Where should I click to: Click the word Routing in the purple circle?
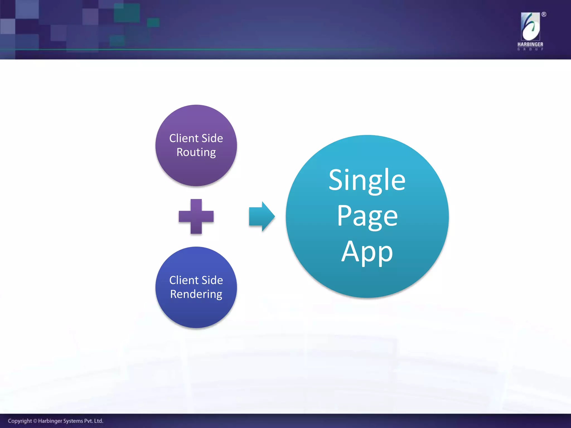(196, 152)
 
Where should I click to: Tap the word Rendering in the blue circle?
(196, 294)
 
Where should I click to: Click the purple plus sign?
(196, 217)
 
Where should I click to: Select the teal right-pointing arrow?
(262, 217)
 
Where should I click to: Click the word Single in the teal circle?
(367, 180)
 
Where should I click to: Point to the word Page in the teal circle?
(367, 216)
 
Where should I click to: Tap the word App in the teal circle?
(367, 252)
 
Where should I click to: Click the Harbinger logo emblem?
(530, 27)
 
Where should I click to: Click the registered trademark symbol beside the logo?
(544, 14)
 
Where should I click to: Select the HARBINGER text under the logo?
(530, 44)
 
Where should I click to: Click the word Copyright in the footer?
(20, 421)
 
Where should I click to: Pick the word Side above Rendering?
(212, 280)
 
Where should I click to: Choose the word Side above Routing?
(212, 138)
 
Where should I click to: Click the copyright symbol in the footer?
(35, 421)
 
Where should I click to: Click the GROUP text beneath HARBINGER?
(530, 49)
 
